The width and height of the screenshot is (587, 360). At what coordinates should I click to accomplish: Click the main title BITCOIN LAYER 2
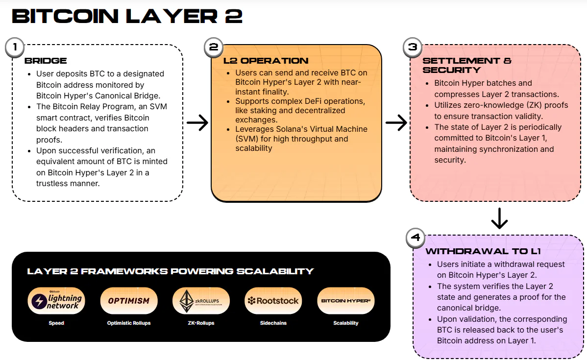tap(127, 16)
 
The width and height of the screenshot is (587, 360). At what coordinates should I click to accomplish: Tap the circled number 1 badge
tap(15, 47)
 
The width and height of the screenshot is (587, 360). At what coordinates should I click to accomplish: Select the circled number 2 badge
tap(214, 47)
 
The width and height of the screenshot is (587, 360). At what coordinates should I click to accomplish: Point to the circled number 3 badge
tap(413, 47)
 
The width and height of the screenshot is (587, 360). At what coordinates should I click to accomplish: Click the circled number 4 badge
tap(416, 238)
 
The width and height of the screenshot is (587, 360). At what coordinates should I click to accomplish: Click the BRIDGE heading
tap(46, 61)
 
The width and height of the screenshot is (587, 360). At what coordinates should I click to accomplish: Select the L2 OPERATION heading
tap(266, 61)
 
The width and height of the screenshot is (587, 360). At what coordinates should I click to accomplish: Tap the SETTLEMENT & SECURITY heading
tap(466, 65)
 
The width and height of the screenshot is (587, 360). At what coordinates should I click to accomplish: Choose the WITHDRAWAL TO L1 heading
tap(483, 252)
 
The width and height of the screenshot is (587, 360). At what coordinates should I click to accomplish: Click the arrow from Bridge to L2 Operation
tap(197, 123)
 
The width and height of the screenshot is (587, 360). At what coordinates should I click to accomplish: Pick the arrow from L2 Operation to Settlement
tap(396, 123)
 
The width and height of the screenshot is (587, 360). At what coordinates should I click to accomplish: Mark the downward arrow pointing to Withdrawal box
tap(499, 218)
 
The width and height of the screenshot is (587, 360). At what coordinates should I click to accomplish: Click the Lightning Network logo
tap(56, 301)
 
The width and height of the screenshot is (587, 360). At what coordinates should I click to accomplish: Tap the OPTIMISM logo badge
tap(128, 301)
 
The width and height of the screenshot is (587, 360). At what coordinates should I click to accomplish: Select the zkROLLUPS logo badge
tap(201, 301)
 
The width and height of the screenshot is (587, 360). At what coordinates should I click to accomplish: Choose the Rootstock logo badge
tap(273, 301)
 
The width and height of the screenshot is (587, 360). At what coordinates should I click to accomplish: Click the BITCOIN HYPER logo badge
tap(345, 301)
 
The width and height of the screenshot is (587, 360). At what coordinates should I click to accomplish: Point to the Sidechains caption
tap(273, 323)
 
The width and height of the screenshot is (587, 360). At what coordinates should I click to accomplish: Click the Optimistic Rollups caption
tap(128, 323)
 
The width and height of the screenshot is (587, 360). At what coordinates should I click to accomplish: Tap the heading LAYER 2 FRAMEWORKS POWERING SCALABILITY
tap(171, 271)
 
